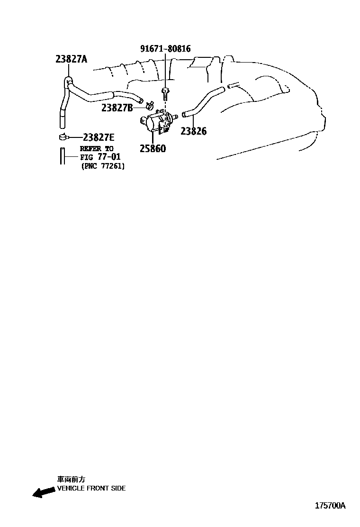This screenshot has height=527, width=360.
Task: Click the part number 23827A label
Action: click(x=72, y=59)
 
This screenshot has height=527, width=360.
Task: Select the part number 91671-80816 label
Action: click(x=165, y=49)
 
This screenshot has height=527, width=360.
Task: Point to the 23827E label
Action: click(x=98, y=138)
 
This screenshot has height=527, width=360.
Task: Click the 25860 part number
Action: click(x=153, y=149)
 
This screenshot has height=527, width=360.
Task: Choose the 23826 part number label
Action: click(x=193, y=131)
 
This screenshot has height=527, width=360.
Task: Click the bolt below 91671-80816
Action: click(x=165, y=93)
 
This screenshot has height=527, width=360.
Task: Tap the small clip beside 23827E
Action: click(x=63, y=138)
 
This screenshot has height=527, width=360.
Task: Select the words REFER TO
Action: click(x=97, y=148)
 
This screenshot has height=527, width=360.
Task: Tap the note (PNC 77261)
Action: click(x=103, y=166)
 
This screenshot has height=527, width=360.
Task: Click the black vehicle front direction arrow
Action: click(x=43, y=492)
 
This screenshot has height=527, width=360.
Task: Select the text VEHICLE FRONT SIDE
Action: click(x=91, y=488)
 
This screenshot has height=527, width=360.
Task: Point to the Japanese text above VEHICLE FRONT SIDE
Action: click(x=71, y=480)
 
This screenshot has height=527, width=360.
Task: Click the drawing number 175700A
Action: click(x=330, y=505)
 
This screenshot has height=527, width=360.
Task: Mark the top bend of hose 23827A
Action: click(x=68, y=81)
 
